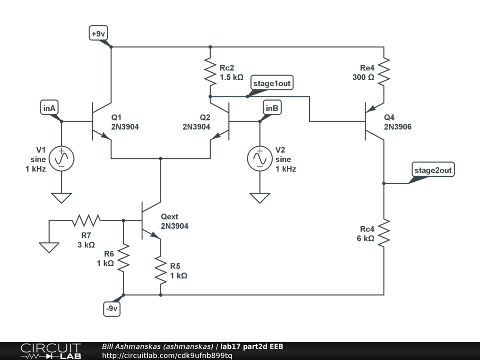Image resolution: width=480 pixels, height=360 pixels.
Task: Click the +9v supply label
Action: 98,33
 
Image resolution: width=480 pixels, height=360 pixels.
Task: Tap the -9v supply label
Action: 112,308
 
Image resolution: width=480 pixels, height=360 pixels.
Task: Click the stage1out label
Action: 272,83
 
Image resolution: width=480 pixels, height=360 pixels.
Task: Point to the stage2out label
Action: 433,170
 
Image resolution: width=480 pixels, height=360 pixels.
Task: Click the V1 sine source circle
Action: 61,158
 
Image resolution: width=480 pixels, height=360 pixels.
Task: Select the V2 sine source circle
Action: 260,158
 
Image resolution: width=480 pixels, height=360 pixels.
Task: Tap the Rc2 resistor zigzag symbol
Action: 210,72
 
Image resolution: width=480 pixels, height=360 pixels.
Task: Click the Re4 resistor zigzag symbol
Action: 384,72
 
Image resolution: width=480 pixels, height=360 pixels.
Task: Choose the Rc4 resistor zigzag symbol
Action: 384,232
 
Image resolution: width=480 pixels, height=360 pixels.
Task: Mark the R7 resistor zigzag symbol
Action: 86,220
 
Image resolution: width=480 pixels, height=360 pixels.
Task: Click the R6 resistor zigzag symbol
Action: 123,257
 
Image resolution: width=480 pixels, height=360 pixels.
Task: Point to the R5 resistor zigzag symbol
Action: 161,270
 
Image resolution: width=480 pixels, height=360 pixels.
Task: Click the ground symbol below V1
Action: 61,198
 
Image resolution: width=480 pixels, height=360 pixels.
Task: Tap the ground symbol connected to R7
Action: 49,247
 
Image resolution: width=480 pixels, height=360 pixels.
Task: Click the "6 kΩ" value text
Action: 366,239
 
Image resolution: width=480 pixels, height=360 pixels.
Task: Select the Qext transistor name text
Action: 170,217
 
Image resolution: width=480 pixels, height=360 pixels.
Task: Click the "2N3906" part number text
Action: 397,127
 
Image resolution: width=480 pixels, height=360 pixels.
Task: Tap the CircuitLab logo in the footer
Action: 51,351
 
